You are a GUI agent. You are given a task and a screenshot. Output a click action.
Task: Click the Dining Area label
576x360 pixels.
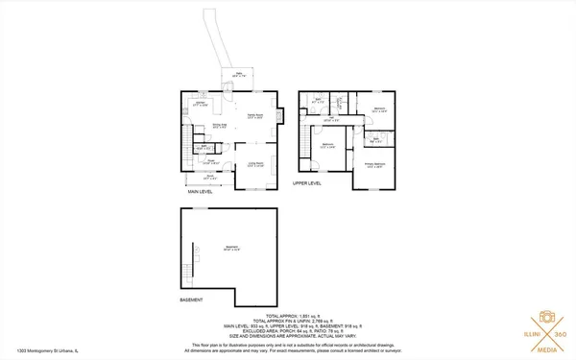pyautogui.click(x=218, y=126)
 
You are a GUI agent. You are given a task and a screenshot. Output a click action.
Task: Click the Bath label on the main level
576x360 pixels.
pyautogui.click(x=202, y=148)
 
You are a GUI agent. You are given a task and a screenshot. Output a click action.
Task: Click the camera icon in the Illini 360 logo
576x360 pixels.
pyautogui.click(x=544, y=317)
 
